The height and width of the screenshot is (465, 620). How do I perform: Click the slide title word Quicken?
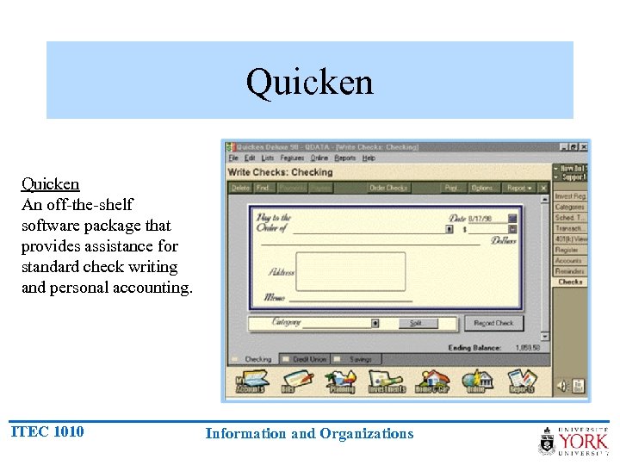(x=309, y=83)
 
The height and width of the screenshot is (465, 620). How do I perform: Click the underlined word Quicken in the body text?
(x=50, y=183)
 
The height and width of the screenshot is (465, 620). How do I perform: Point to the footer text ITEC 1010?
(x=47, y=431)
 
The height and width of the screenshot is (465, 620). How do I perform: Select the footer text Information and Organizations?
(x=309, y=434)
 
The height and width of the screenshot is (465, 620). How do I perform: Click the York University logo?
(x=573, y=440)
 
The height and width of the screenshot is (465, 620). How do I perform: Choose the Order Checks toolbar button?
(x=388, y=188)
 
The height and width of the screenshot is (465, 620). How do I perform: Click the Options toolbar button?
(x=483, y=188)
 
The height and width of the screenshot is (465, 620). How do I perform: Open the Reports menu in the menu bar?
(x=345, y=158)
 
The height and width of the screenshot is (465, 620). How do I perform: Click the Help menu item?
(x=369, y=158)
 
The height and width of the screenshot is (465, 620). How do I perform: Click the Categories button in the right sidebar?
(x=569, y=208)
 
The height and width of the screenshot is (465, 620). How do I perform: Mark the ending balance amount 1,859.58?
(x=528, y=347)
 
